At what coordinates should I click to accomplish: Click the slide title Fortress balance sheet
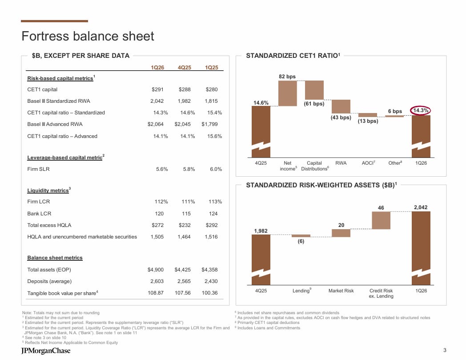pos(88,36)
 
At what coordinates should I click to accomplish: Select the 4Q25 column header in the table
pos(185,68)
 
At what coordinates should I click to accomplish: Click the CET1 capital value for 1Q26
pos(157,89)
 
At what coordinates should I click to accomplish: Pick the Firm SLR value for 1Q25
pos(216,169)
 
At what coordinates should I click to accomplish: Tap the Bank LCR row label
pos(39,214)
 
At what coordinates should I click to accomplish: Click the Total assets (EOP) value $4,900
pos(156,270)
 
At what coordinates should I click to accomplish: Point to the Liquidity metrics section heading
pos(48,190)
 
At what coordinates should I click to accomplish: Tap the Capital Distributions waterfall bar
pos(314,90)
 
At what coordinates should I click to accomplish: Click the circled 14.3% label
pos(421,110)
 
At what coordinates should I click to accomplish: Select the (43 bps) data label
pos(341,117)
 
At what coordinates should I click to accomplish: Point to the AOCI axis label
pos(368,163)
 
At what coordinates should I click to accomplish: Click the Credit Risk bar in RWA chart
pos(381,220)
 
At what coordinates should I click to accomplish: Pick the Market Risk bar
pos(341,233)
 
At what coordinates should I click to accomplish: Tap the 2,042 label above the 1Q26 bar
pos(420,207)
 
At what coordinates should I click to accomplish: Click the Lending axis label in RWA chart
pos(301,291)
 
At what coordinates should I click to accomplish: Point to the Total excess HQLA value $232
pos(185,225)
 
